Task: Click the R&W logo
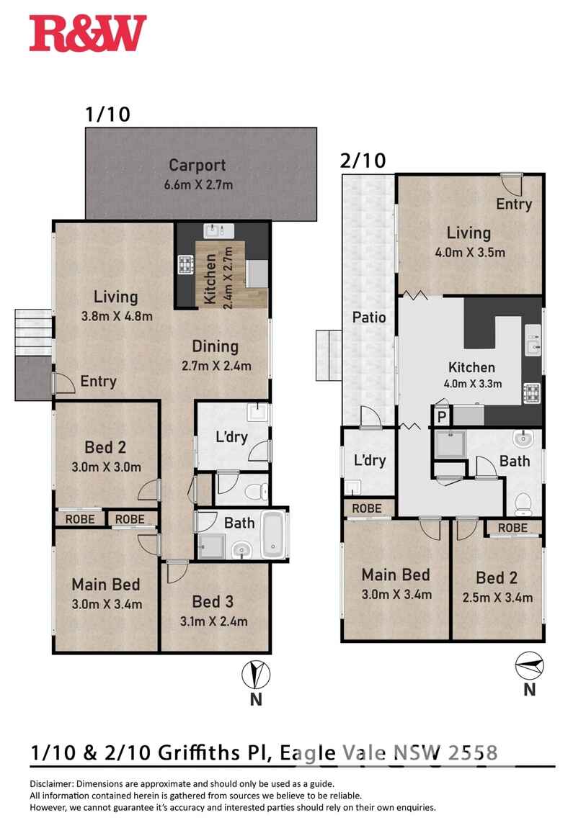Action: click(x=88, y=34)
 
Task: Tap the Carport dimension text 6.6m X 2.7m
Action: click(x=197, y=185)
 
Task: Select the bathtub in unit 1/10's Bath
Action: click(x=273, y=535)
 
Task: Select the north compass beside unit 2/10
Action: click(x=530, y=665)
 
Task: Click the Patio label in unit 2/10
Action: click(x=368, y=317)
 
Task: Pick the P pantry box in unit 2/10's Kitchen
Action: click(x=441, y=415)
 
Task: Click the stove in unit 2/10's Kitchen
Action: click(x=533, y=393)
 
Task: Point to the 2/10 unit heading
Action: click(x=363, y=161)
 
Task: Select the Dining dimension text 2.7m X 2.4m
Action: click(x=216, y=366)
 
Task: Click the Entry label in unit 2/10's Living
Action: click(x=514, y=204)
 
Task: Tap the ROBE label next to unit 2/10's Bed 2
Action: click(x=512, y=528)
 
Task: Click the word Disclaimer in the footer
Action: click(x=51, y=783)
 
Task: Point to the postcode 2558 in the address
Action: click(x=473, y=752)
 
